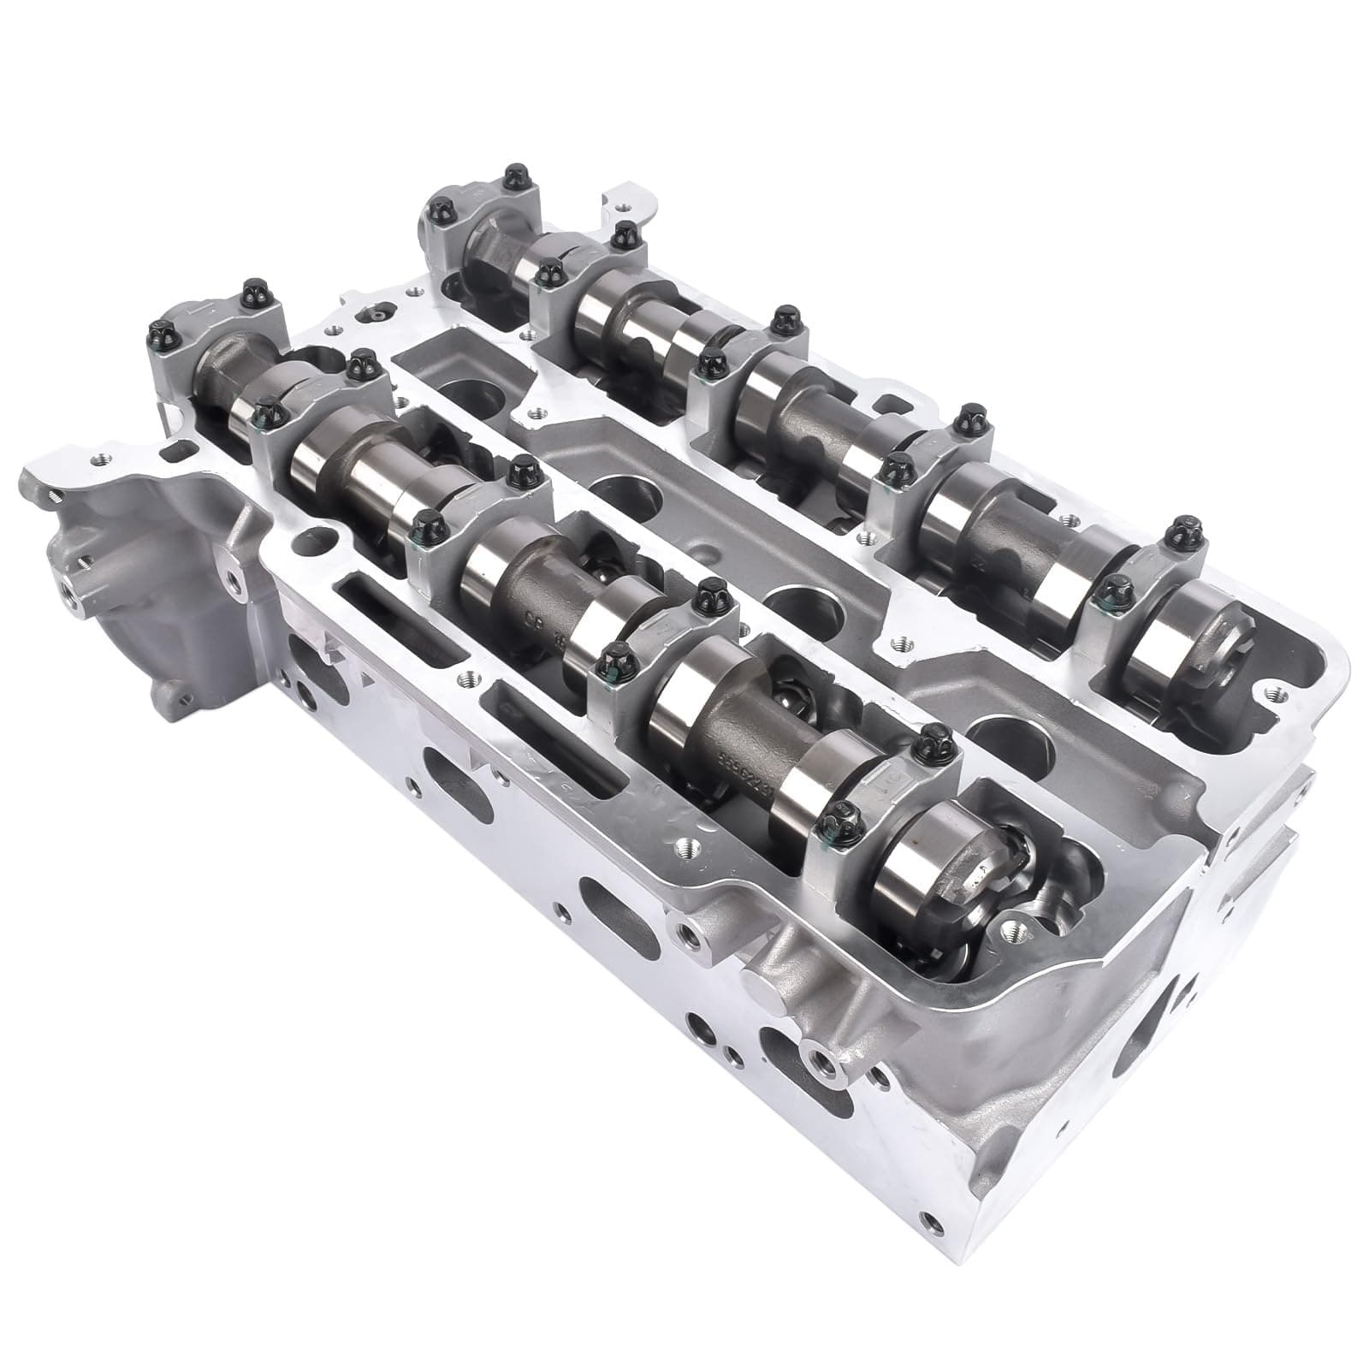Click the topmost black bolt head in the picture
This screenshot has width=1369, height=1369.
tap(513, 177)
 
